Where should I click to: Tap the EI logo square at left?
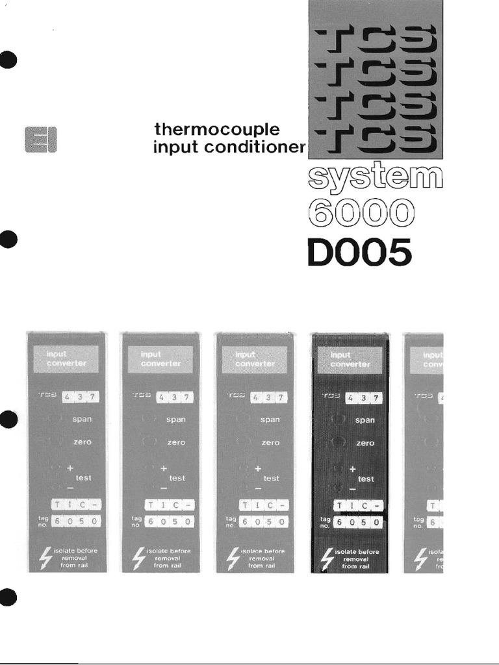tap(40, 138)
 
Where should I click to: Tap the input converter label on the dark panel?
tap(350, 359)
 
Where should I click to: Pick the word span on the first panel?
tap(82, 420)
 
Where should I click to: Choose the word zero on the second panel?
tap(176, 442)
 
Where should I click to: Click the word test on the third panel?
tap(271, 478)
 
